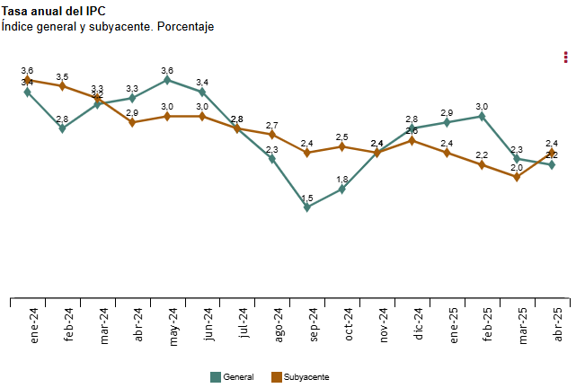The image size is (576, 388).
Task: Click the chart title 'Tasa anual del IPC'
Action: pos(54,12)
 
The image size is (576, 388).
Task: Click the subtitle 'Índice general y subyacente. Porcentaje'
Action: pos(108,27)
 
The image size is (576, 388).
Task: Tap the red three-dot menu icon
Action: pos(565,57)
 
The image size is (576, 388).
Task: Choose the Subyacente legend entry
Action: pos(300,377)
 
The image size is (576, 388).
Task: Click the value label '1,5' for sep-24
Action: pos(307,198)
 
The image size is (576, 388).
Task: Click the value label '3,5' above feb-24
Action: pos(62,77)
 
